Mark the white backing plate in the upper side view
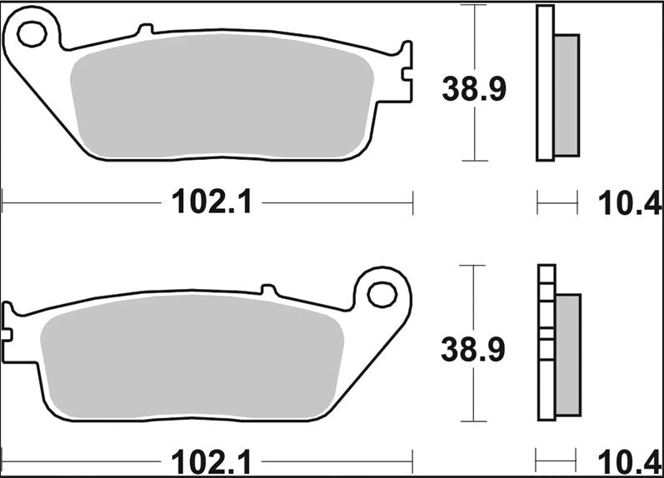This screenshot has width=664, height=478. (544, 83)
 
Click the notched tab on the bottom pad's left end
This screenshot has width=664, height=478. (9, 326)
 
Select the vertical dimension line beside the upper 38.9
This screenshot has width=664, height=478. (474, 33)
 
